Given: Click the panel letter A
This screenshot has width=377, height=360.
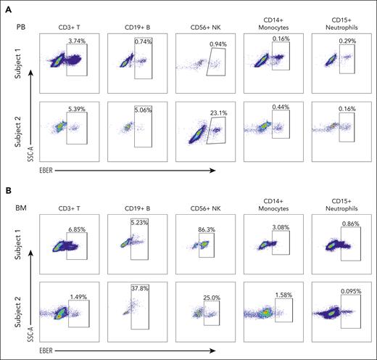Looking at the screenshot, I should pos(6,7).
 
